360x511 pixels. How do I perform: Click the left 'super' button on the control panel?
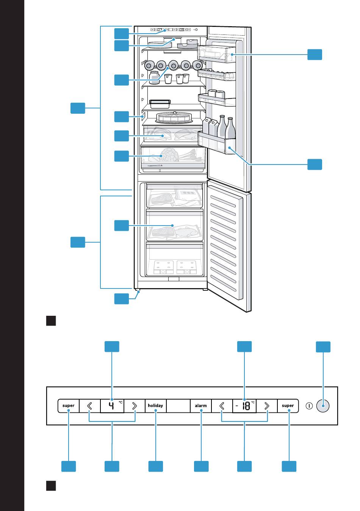[x=69, y=406]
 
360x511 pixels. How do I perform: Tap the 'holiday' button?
[x=155, y=406]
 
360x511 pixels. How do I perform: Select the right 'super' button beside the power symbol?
[x=288, y=406]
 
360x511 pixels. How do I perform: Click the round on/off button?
[x=323, y=406]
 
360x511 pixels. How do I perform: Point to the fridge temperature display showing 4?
[x=112, y=406]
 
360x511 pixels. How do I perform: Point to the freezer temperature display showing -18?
[x=244, y=406]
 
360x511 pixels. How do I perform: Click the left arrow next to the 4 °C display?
[x=90, y=406]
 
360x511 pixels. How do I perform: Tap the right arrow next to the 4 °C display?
[x=135, y=406]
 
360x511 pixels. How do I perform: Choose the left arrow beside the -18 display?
[x=222, y=406]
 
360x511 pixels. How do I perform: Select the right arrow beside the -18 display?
[x=267, y=406]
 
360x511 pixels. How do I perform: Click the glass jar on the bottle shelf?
[x=154, y=77]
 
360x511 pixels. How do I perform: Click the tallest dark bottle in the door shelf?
[x=231, y=128]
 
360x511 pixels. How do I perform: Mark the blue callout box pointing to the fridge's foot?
[x=121, y=299]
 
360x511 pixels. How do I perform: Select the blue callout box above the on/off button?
[x=323, y=347]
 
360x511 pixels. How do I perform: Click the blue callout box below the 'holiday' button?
[x=155, y=466]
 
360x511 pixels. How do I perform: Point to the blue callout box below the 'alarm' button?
[x=201, y=466]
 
